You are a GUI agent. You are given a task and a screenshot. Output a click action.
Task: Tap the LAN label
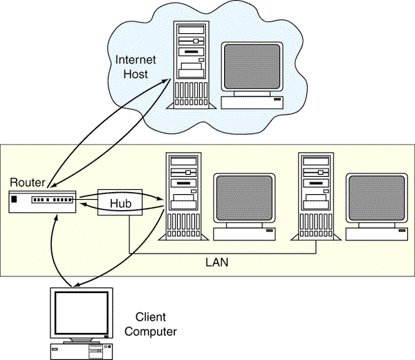tap(217, 263)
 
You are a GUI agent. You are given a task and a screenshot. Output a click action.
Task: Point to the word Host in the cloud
tap(136, 74)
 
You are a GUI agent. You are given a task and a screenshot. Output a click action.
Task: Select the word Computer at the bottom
tap(156, 332)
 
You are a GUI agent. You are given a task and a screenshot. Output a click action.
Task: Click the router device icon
tap(41, 200)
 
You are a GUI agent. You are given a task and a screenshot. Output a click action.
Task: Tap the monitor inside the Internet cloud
tap(252, 69)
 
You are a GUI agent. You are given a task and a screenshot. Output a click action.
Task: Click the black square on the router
tap(15, 200)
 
